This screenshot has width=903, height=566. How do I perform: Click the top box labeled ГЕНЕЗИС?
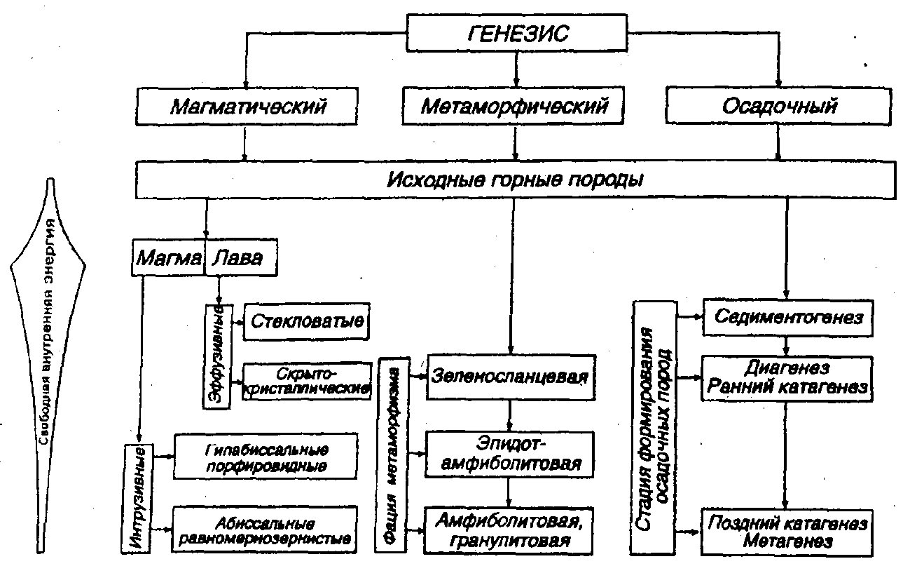[517, 33]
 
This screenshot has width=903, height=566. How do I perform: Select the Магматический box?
[247, 106]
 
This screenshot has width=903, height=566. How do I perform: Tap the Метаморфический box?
[513, 105]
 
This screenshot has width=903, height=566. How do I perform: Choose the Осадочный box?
[778, 106]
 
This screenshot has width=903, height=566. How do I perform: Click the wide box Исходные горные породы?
[516, 180]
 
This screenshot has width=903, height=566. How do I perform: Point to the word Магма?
[169, 258]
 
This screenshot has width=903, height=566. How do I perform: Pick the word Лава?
[237, 258]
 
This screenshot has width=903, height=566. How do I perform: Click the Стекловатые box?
[306, 321]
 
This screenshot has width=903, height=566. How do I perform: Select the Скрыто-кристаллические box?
[307, 382]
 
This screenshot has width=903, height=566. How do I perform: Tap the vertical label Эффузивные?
[217, 356]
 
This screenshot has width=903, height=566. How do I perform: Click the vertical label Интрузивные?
[137, 498]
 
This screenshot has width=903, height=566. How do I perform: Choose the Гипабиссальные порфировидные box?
[266, 457]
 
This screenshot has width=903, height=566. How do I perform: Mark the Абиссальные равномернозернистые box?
[265, 530]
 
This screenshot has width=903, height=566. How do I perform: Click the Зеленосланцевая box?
[511, 377]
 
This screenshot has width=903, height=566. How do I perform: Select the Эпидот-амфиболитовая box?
[509, 454]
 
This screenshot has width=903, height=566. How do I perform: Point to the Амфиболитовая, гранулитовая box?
[509, 531]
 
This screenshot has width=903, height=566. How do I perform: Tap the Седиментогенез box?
[787, 317]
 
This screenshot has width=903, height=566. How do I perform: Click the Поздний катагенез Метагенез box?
[787, 532]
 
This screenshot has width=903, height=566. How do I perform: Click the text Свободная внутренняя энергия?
[49, 331]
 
